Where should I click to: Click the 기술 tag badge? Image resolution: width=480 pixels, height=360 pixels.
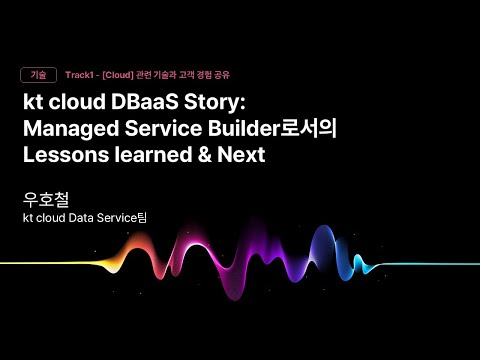pyautogui.click(x=38, y=75)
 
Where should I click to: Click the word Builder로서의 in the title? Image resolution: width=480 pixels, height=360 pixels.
pyautogui.click(x=280, y=130)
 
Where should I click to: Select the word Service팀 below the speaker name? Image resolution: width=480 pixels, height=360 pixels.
pyautogui.click(x=154, y=216)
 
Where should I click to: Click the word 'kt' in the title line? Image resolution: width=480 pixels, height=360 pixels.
pyautogui.click(x=34, y=105)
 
